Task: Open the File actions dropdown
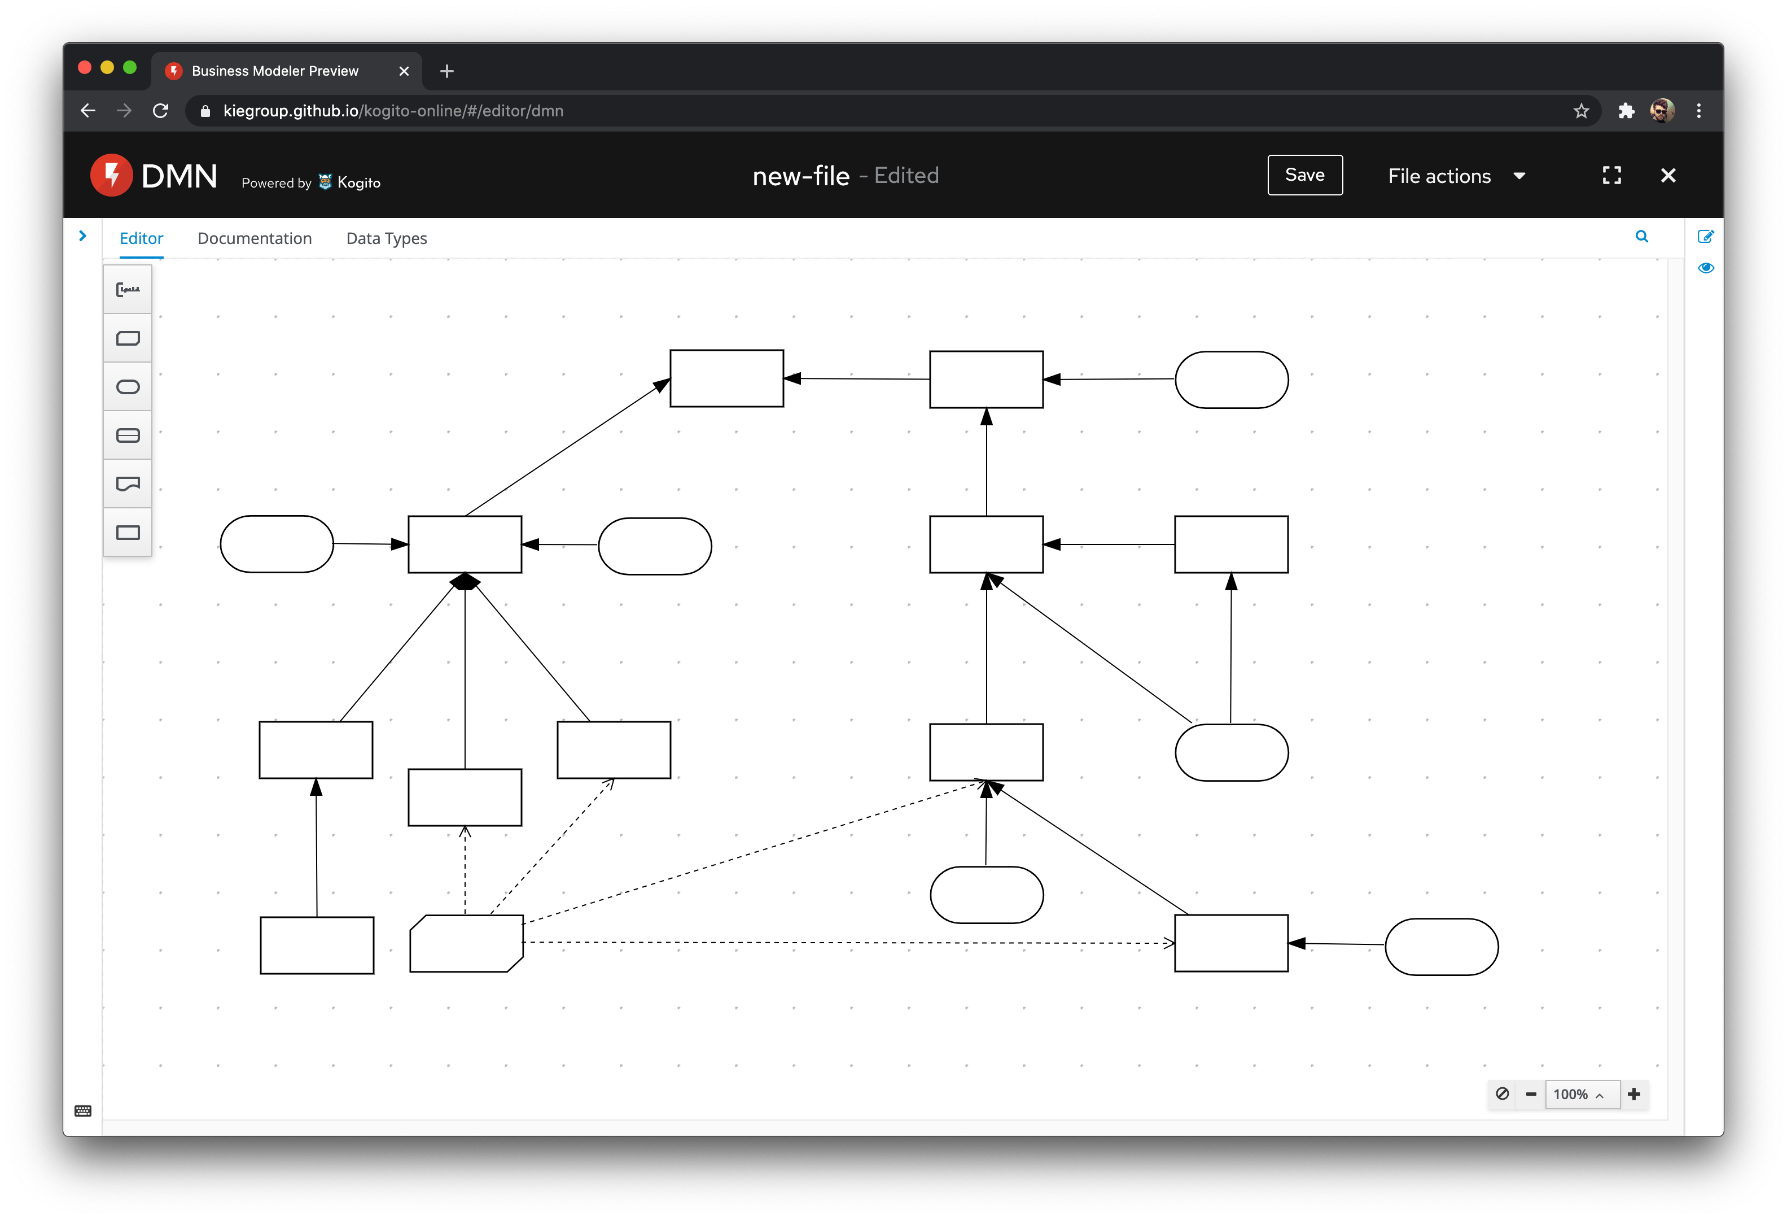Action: tap(1456, 176)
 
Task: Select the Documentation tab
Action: tap(255, 238)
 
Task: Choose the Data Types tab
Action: tap(386, 238)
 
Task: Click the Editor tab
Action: tap(142, 238)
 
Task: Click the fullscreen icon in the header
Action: tap(1611, 176)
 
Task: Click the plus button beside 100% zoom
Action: tap(1634, 1094)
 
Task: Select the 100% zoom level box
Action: tap(1578, 1094)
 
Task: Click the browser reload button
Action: tap(161, 111)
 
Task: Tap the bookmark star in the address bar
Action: tap(1581, 111)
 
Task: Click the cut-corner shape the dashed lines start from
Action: tap(466, 943)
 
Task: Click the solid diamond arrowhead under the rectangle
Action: tap(465, 582)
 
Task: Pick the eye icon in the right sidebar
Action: tap(1706, 268)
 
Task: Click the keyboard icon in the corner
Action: tap(83, 1111)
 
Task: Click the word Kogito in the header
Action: tap(359, 182)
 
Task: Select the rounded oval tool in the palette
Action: tap(128, 387)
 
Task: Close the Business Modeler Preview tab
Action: tap(404, 71)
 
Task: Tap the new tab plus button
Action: tap(447, 71)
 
